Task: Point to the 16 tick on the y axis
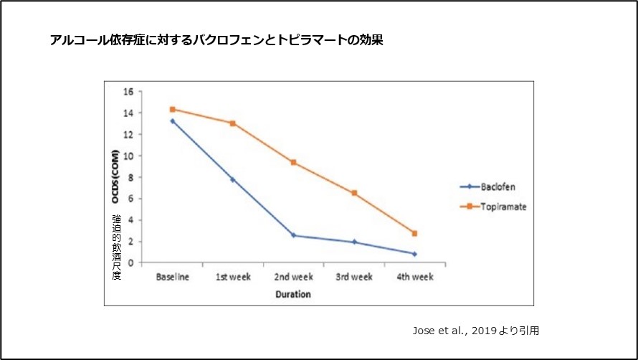coord(129,92)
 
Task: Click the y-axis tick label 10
coord(129,156)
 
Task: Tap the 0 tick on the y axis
coord(131,262)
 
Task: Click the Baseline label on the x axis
coord(173,277)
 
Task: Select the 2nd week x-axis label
coord(293,277)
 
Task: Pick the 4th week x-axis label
coord(414,277)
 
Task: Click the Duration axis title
coord(293,294)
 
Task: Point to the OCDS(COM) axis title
coord(115,176)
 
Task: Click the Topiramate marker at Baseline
coord(173,109)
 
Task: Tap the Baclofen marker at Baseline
coord(173,121)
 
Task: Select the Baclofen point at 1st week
coord(233,179)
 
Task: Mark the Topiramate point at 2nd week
coord(293,162)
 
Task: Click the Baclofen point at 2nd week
coord(293,235)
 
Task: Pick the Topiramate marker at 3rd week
coord(354,193)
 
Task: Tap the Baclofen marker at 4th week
coord(414,254)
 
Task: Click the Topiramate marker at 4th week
coord(414,233)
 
